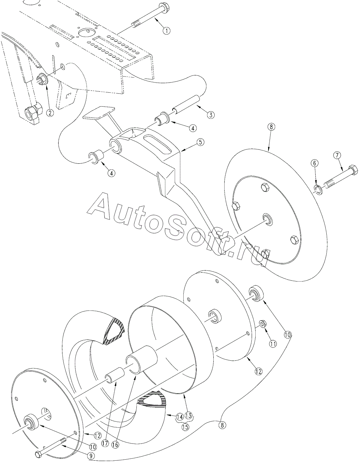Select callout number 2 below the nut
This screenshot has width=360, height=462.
point(50,113)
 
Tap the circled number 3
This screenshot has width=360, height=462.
point(210,115)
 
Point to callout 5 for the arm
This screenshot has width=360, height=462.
point(200,142)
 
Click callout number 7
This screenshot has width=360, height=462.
point(339,156)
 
